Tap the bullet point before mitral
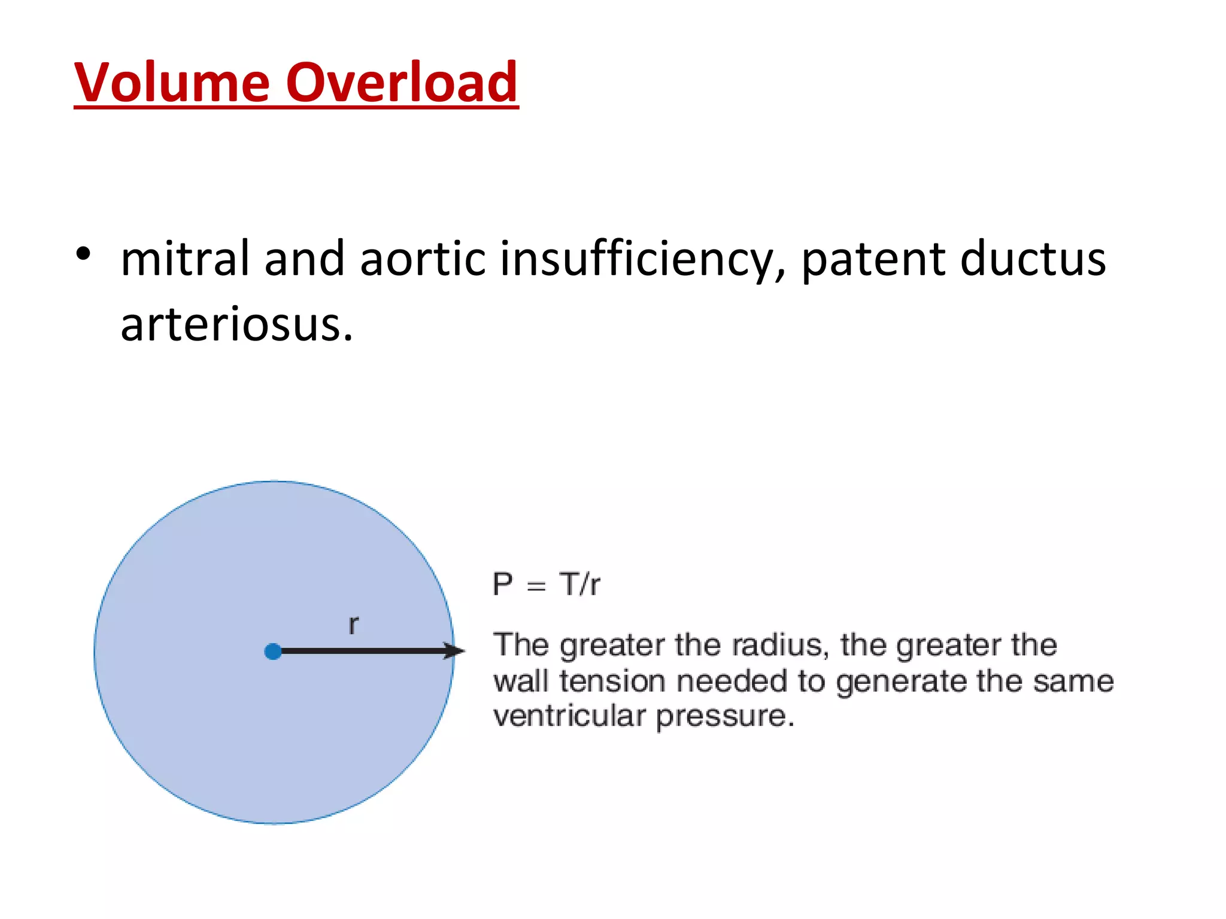coord(83,254)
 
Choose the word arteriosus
coord(236,325)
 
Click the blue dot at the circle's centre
coord(273,652)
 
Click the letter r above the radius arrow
coord(353,625)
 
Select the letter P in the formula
coord(502,584)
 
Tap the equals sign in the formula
coord(536,586)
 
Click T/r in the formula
coord(579,584)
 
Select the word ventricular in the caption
coord(569,716)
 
